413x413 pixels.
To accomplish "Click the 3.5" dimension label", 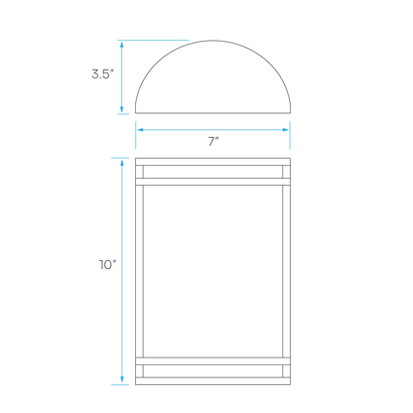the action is point(103,73).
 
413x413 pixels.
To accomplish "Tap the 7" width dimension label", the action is point(213,142).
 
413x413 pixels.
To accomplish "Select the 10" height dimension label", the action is point(108,265).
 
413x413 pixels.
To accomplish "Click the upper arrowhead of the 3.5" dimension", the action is point(122,45).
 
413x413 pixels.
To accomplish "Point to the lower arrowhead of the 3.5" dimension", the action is point(122,109).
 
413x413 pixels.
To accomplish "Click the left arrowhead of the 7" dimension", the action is point(140,130).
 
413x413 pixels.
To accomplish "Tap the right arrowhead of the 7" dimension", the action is point(286,130).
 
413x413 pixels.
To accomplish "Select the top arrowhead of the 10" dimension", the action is point(122,163).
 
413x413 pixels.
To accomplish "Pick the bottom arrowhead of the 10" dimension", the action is point(122,380).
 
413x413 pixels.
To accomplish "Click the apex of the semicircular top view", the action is point(212,41).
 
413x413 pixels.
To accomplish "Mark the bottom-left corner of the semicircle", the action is point(135,113).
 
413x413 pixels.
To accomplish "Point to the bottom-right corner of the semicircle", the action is point(291,113).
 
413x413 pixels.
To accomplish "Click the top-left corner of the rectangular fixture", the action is point(135,158).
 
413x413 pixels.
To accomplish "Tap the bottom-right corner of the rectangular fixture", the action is point(291,385).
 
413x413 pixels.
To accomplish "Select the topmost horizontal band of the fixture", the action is point(212,162).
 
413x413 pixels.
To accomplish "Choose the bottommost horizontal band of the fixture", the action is point(212,381).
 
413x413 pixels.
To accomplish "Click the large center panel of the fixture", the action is point(212,271).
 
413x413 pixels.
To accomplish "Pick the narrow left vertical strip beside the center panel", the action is point(139,271).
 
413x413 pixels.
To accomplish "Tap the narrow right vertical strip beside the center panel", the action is point(287,271).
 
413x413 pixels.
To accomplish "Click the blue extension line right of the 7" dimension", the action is point(290,135).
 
